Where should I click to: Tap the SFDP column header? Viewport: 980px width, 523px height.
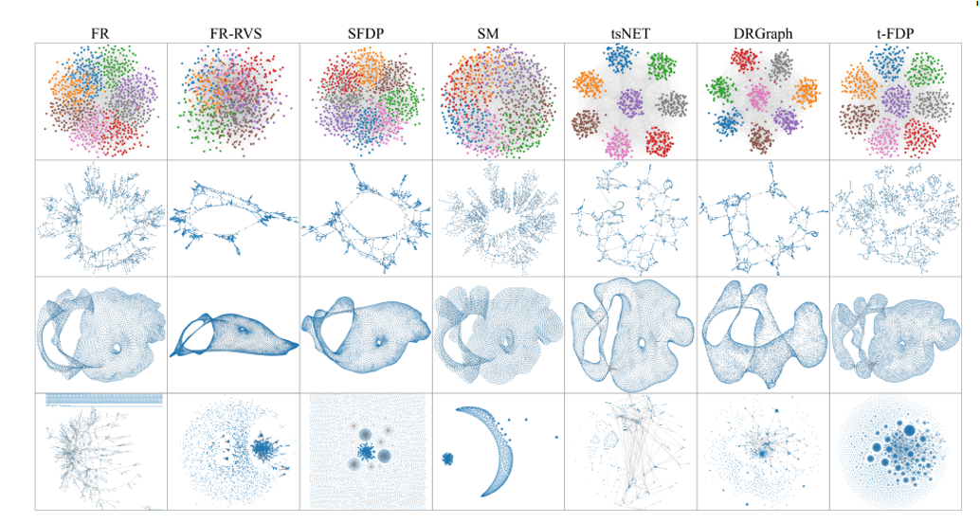[365, 34]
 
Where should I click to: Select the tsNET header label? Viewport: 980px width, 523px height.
[630, 34]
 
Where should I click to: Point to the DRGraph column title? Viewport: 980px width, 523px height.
[762, 34]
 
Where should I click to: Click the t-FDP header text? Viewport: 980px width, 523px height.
[895, 34]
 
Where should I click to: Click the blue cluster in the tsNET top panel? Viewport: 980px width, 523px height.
[623, 60]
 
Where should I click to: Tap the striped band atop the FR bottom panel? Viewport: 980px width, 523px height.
[104, 398]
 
